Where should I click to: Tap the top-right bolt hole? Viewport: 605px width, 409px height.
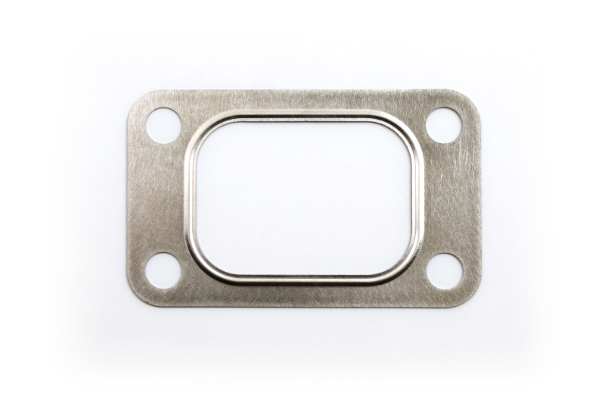(443, 125)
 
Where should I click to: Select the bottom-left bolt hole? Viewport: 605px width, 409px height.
(163, 270)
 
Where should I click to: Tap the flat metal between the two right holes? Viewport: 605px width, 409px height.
(450, 198)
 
